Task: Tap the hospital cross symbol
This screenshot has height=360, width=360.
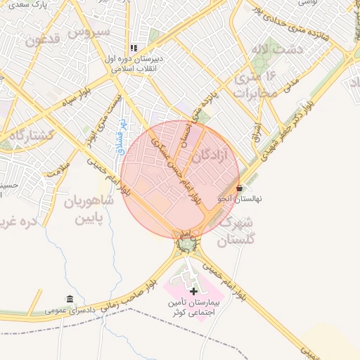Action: tap(193, 290)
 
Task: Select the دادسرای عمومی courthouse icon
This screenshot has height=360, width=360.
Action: tap(69, 299)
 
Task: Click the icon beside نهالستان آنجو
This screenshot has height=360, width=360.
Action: tap(240, 188)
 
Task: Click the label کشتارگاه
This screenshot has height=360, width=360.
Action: tap(27, 134)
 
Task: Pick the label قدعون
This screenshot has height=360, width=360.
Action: tap(45, 39)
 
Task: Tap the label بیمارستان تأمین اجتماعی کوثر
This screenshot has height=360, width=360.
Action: tap(195, 307)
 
